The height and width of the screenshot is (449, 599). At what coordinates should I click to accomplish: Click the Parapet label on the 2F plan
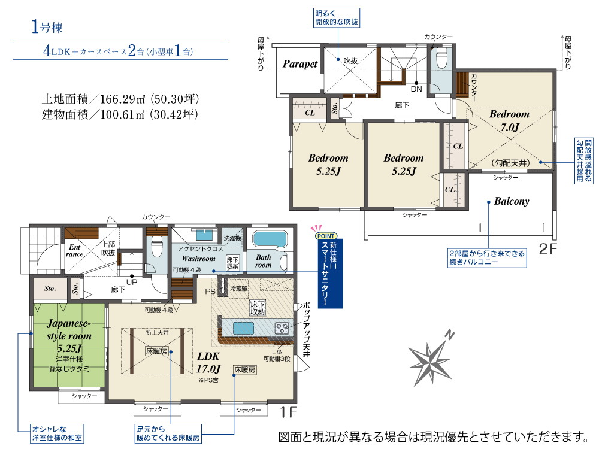300,64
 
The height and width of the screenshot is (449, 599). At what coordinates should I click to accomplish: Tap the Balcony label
512,201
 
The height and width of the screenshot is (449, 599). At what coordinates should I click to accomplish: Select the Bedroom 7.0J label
510,120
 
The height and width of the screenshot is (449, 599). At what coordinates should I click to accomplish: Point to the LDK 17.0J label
208,363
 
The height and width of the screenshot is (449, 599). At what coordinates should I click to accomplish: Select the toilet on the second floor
441,59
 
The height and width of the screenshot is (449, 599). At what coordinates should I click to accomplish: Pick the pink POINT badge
326,236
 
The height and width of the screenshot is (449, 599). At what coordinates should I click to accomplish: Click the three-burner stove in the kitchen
282,328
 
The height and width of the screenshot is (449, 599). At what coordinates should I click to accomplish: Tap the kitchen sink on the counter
243,328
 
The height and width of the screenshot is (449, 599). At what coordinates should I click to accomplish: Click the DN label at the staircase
416,89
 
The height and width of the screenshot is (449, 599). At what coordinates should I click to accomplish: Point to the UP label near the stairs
132,282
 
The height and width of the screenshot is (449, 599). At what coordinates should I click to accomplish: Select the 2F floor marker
547,249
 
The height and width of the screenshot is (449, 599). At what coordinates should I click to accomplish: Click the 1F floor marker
288,412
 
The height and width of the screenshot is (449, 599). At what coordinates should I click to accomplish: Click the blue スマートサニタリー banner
331,274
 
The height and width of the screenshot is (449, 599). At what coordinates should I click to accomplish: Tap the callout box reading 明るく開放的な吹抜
337,18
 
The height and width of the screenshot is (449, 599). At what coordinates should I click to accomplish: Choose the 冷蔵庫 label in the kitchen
239,289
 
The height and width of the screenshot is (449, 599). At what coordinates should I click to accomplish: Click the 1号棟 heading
47,27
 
